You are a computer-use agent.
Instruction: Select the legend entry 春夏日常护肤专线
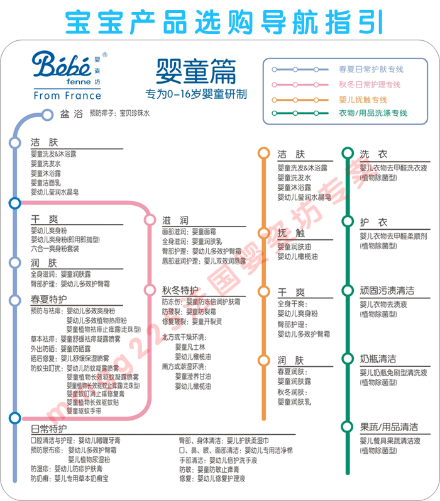tap(370, 69)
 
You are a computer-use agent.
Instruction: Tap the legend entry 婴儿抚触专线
tap(363, 99)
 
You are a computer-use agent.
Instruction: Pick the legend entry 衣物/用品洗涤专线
tap(373, 113)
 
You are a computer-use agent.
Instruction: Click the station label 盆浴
tap(71, 114)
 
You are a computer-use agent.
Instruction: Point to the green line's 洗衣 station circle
tap(347, 153)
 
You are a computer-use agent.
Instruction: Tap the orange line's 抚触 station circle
tap(263, 233)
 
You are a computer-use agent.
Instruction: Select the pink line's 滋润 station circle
tap(150, 220)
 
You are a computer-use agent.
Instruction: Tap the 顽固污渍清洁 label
tap(387, 291)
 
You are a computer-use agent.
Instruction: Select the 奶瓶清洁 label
tap(378, 359)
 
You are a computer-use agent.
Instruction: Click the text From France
tap(67, 96)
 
